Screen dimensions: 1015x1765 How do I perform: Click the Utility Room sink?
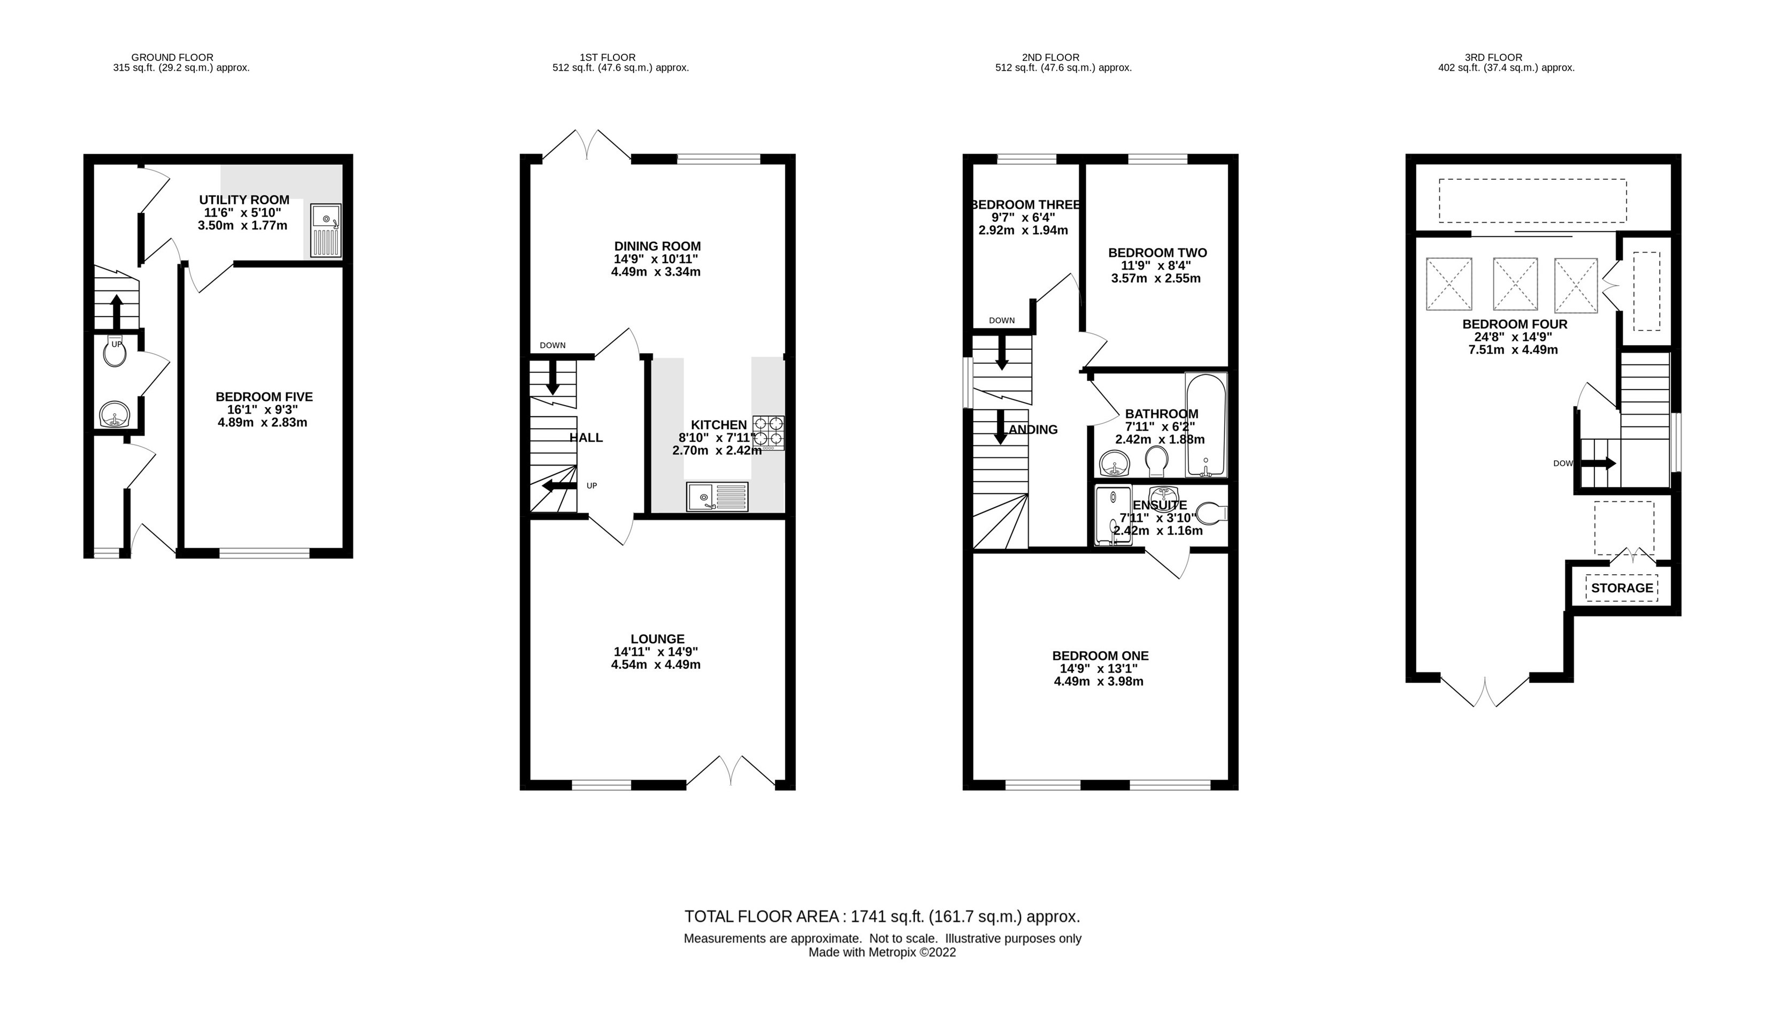pyautogui.click(x=325, y=231)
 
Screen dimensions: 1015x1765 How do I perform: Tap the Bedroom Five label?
pyautogui.click(x=264, y=396)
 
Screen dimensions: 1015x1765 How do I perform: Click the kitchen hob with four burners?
pyautogui.click(x=768, y=431)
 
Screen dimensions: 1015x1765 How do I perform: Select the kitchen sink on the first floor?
pyautogui.click(x=717, y=497)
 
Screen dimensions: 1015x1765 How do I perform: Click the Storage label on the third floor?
pyautogui.click(x=1622, y=587)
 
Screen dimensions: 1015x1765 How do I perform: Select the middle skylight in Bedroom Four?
pyautogui.click(x=1515, y=284)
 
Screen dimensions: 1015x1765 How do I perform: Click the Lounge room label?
pyautogui.click(x=657, y=638)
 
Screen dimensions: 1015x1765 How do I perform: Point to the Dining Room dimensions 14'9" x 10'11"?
pyautogui.click(x=656, y=258)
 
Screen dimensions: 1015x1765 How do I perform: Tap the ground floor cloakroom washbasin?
pyautogui.click(x=114, y=416)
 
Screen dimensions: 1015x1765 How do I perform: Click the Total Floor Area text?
pyautogui.click(x=881, y=916)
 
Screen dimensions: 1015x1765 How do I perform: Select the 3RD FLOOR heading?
pyautogui.click(x=1493, y=57)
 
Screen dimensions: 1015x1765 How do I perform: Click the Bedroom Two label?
pyautogui.click(x=1157, y=253)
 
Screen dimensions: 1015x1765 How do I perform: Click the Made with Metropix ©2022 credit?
pyautogui.click(x=881, y=952)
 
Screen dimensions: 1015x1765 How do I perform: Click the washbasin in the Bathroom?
pyautogui.click(x=1114, y=463)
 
